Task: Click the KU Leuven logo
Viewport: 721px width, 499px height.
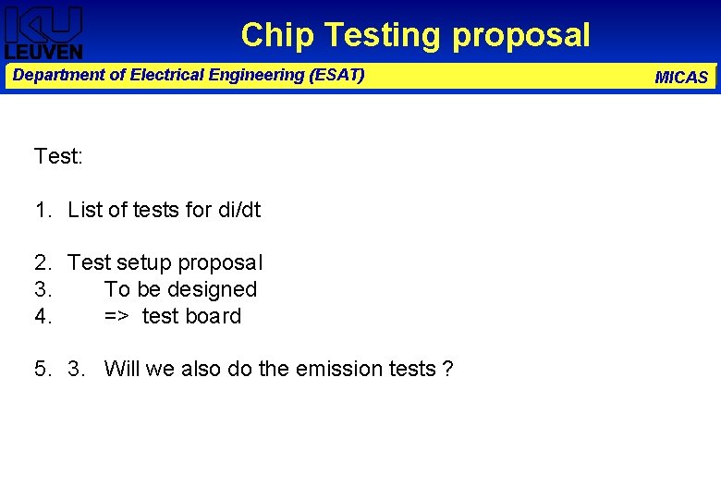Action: [43, 32]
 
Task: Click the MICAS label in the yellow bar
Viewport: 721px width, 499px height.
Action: [681, 78]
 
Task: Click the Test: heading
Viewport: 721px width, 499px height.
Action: [58, 156]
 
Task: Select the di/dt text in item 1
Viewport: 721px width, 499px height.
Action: [239, 210]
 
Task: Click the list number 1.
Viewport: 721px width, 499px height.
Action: [42, 210]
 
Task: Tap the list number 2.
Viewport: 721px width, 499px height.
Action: [42, 262]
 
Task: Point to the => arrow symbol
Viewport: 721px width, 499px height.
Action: [116, 316]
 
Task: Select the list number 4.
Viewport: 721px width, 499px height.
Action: [42, 316]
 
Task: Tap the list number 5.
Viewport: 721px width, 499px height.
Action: [42, 369]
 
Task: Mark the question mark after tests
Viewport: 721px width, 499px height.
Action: [447, 369]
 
